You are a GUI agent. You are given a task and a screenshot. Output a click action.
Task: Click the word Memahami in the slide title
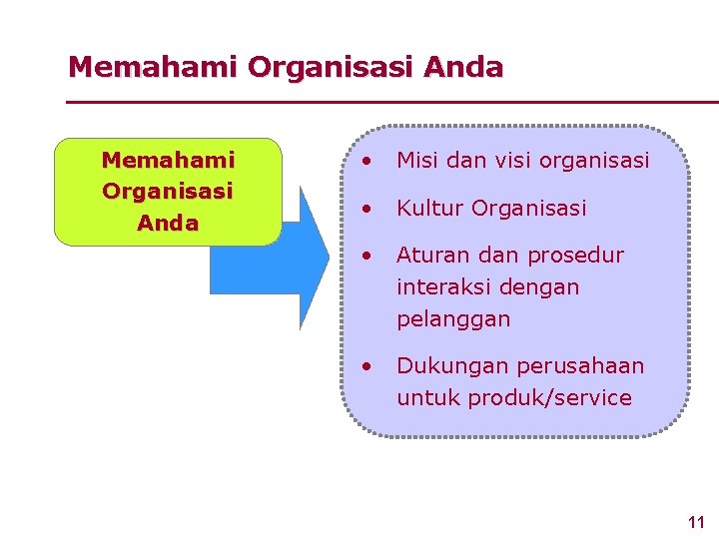click(x=153, y=68)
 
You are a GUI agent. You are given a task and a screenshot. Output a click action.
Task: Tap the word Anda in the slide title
click(x=463, y=68)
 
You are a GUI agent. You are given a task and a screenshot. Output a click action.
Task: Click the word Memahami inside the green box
click(x=168, y=160)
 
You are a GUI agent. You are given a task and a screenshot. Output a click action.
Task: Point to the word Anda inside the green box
click(x=168, y=224)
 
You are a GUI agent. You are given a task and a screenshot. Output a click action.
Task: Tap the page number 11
click(x=696, y=522)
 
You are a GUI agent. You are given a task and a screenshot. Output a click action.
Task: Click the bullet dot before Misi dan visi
click(x=368, y=160)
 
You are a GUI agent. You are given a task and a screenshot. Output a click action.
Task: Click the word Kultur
click(x=430, y=209)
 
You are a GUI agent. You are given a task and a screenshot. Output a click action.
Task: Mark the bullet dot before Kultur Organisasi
click(x=368, y=209)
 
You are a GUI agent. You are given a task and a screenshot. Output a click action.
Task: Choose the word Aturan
click(x=434, y=256)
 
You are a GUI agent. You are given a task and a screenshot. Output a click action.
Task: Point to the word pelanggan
click(x=453, y=320)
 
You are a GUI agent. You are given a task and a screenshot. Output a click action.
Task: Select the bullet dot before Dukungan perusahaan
click(x=368, y=366)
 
